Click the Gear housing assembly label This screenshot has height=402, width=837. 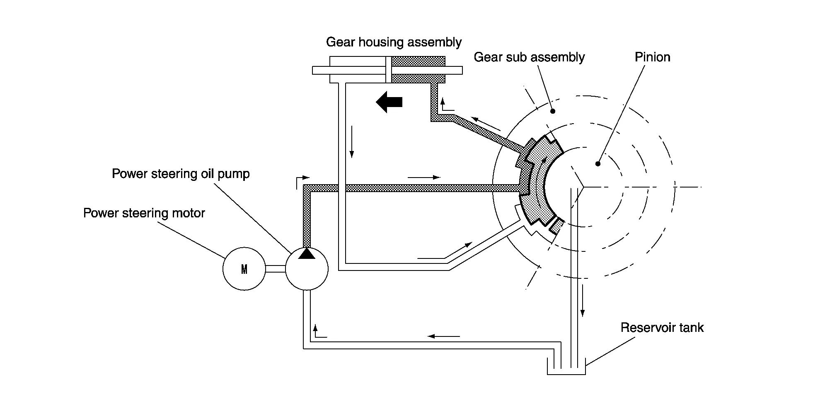(x=394, y=42)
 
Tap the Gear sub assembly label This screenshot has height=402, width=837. (x=529, y=57)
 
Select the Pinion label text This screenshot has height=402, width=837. (x=652, y=57)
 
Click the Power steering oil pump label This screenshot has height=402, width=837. (x=181, y=174)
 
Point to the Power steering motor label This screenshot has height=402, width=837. (x=144, y=213)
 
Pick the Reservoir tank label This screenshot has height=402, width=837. (x=662, y=328)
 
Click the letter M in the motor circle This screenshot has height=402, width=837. (x=244, y=270)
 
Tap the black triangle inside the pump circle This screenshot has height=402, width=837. (x=307, y=253)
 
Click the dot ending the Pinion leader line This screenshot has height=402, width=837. (x=598, y=164)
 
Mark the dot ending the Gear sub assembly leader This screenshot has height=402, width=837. (x=552, y=111)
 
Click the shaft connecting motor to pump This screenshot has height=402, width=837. (x=275, y=269)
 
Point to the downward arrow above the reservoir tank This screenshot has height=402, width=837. (x=582, y=301)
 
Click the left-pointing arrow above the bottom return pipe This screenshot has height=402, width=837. (x=443, y=336)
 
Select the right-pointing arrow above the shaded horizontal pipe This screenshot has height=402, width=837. (x=424, y=178)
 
